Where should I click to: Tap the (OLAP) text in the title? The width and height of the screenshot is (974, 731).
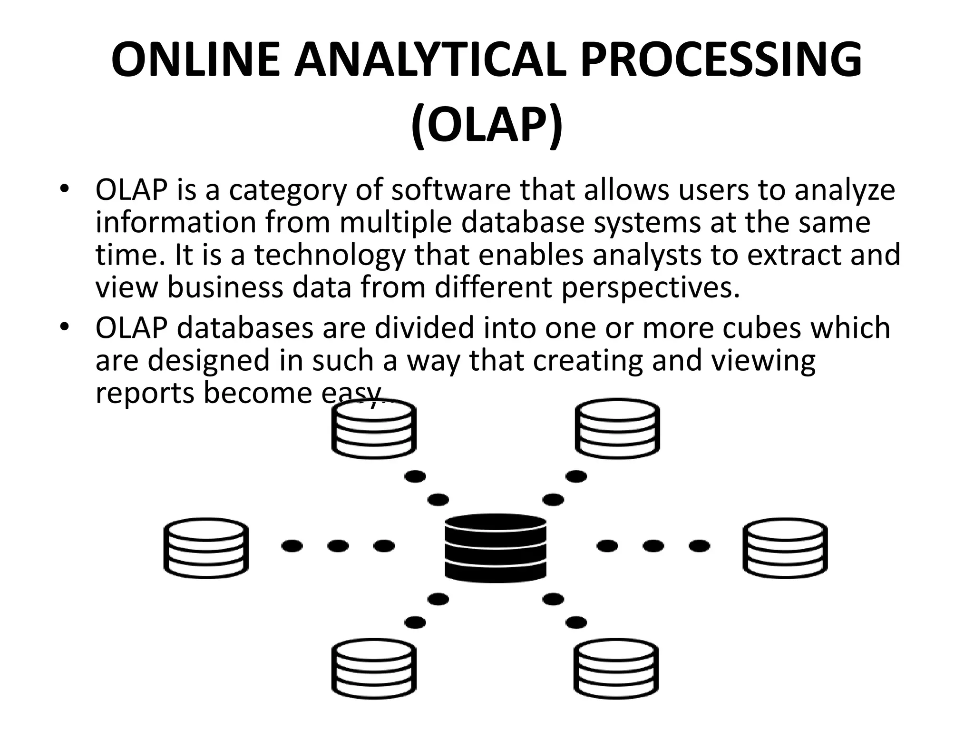(x=487, y=126)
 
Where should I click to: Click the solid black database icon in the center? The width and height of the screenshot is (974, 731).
(x=496, y=547)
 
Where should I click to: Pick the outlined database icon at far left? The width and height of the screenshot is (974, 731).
(x=206, y=548)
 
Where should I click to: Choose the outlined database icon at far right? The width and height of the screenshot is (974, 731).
(x=785, y=548)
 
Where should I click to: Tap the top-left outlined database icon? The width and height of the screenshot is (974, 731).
(x=374, y=429)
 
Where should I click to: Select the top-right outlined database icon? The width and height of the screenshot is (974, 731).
(x=617, y=429)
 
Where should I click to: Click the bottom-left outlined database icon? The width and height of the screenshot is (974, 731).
(x=374, y=669)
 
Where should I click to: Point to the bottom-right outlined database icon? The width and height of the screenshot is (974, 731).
(x=616, y=669)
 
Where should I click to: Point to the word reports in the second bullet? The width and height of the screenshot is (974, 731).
(x=145, y=393)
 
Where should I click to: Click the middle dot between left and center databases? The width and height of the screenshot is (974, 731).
(x=338, y=546)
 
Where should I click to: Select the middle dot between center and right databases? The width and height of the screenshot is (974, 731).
(x=653, y=546)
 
